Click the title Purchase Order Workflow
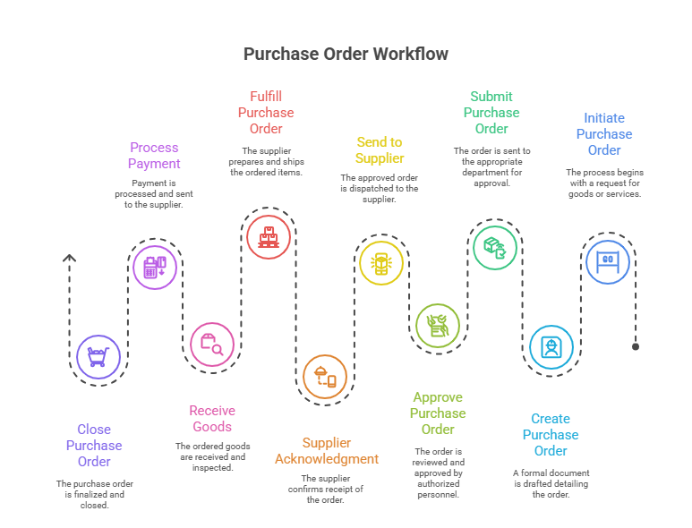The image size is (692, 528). (346, 54)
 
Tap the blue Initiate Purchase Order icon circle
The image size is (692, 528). (608, 261)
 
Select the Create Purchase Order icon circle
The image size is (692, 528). (551, 346)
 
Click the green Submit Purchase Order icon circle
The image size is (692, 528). (494, 247)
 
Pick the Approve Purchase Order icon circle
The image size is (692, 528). (438, 325)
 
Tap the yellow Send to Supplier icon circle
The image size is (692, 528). (381, 263)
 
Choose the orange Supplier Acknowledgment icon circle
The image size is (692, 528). (325, 376)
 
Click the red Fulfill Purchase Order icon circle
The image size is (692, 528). (268, 237)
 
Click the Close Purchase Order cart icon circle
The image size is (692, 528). (98, 357)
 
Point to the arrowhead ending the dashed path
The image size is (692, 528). (70, 260)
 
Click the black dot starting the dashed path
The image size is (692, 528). (636, 346)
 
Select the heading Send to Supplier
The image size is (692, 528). (380, 149)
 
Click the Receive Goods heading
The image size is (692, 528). (212, 419)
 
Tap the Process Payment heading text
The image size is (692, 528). (154, 156)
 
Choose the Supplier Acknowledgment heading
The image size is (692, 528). (327, 451)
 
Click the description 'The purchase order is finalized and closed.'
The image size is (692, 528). (94, 494)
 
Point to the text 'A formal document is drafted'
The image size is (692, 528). (551, 478)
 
